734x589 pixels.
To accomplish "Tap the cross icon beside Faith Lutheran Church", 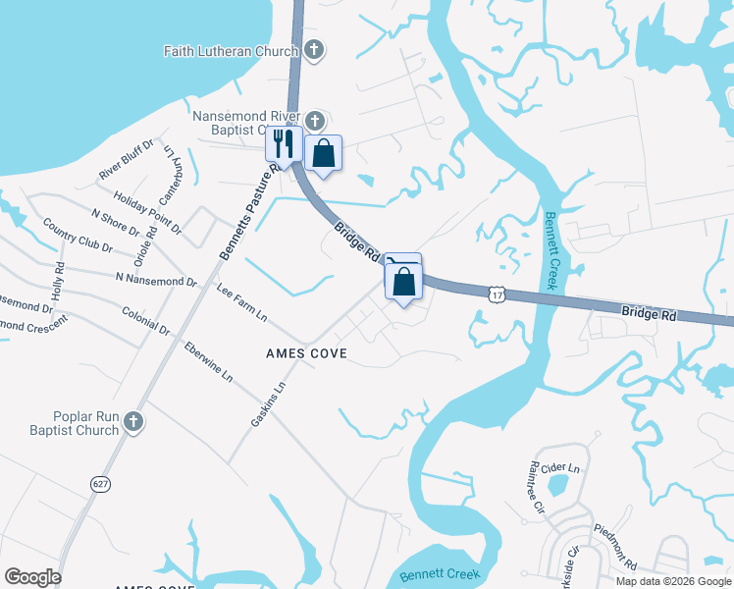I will click(314, 50).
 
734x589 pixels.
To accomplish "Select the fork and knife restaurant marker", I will click(283, 144).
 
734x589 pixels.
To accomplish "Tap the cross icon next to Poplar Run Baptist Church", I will click(133, 423).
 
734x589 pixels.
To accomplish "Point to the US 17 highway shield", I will click(498, 293).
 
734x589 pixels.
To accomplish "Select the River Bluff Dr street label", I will click(127, 160).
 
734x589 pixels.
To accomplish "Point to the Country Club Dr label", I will click(78, 235).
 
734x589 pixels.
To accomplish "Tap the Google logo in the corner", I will click(33, 577).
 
